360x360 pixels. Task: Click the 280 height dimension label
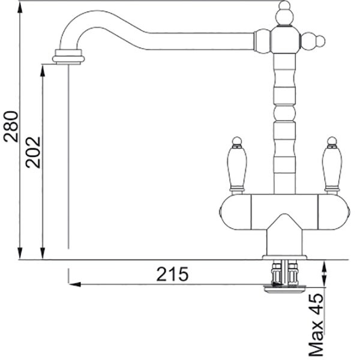tap(11, 127)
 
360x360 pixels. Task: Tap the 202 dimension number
tap(33, 152)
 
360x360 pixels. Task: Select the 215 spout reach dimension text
tap(172, 274)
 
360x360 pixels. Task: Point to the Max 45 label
tap(316, 325)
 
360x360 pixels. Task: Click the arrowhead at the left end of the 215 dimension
tap(75, 284)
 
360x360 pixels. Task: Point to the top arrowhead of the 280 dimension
tap(20, 7)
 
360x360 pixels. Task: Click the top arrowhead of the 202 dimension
tap(43, 71)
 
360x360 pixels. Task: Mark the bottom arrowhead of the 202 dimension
tap(43, 253)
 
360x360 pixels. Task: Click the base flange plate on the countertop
tap(284, 257)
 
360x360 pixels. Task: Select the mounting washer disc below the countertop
tap(284, 289)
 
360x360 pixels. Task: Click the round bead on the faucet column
tap(284, 113)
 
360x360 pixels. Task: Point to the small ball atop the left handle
tap(237, 141)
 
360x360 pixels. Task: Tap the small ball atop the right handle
tap(332, 141)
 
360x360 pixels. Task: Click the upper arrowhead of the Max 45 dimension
tap(324, 266)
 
